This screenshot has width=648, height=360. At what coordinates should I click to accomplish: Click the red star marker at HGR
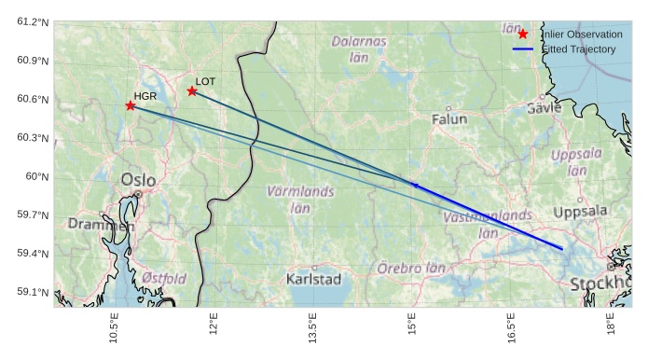click(131, 105)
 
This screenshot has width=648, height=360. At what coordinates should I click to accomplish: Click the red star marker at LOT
click(192, 90)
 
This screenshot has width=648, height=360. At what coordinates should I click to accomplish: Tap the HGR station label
click(145, 96)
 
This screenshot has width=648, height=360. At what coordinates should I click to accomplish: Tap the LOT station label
click(205, 81)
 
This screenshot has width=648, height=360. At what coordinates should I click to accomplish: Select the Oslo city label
click(138, 179)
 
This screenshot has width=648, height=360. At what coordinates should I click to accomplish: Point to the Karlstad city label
click(314, 279)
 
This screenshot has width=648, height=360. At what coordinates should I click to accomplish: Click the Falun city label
click(449, 119)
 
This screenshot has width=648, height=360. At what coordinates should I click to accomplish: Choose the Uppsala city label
click(580, 212)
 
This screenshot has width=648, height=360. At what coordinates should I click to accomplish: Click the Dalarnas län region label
click(359, 48)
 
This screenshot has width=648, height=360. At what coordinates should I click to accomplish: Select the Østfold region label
click(164, 278)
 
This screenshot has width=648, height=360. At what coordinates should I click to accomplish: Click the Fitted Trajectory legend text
click(579, 48)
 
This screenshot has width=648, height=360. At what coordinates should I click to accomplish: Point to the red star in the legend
click(523, 34)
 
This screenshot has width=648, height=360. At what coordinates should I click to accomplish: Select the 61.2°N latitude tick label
click(31, 21)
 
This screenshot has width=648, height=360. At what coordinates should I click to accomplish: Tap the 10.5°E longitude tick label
click(114, 332)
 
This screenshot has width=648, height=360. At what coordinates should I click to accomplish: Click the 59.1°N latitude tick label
click(31, 292)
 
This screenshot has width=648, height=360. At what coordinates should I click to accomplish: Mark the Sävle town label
click(545, 107)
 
